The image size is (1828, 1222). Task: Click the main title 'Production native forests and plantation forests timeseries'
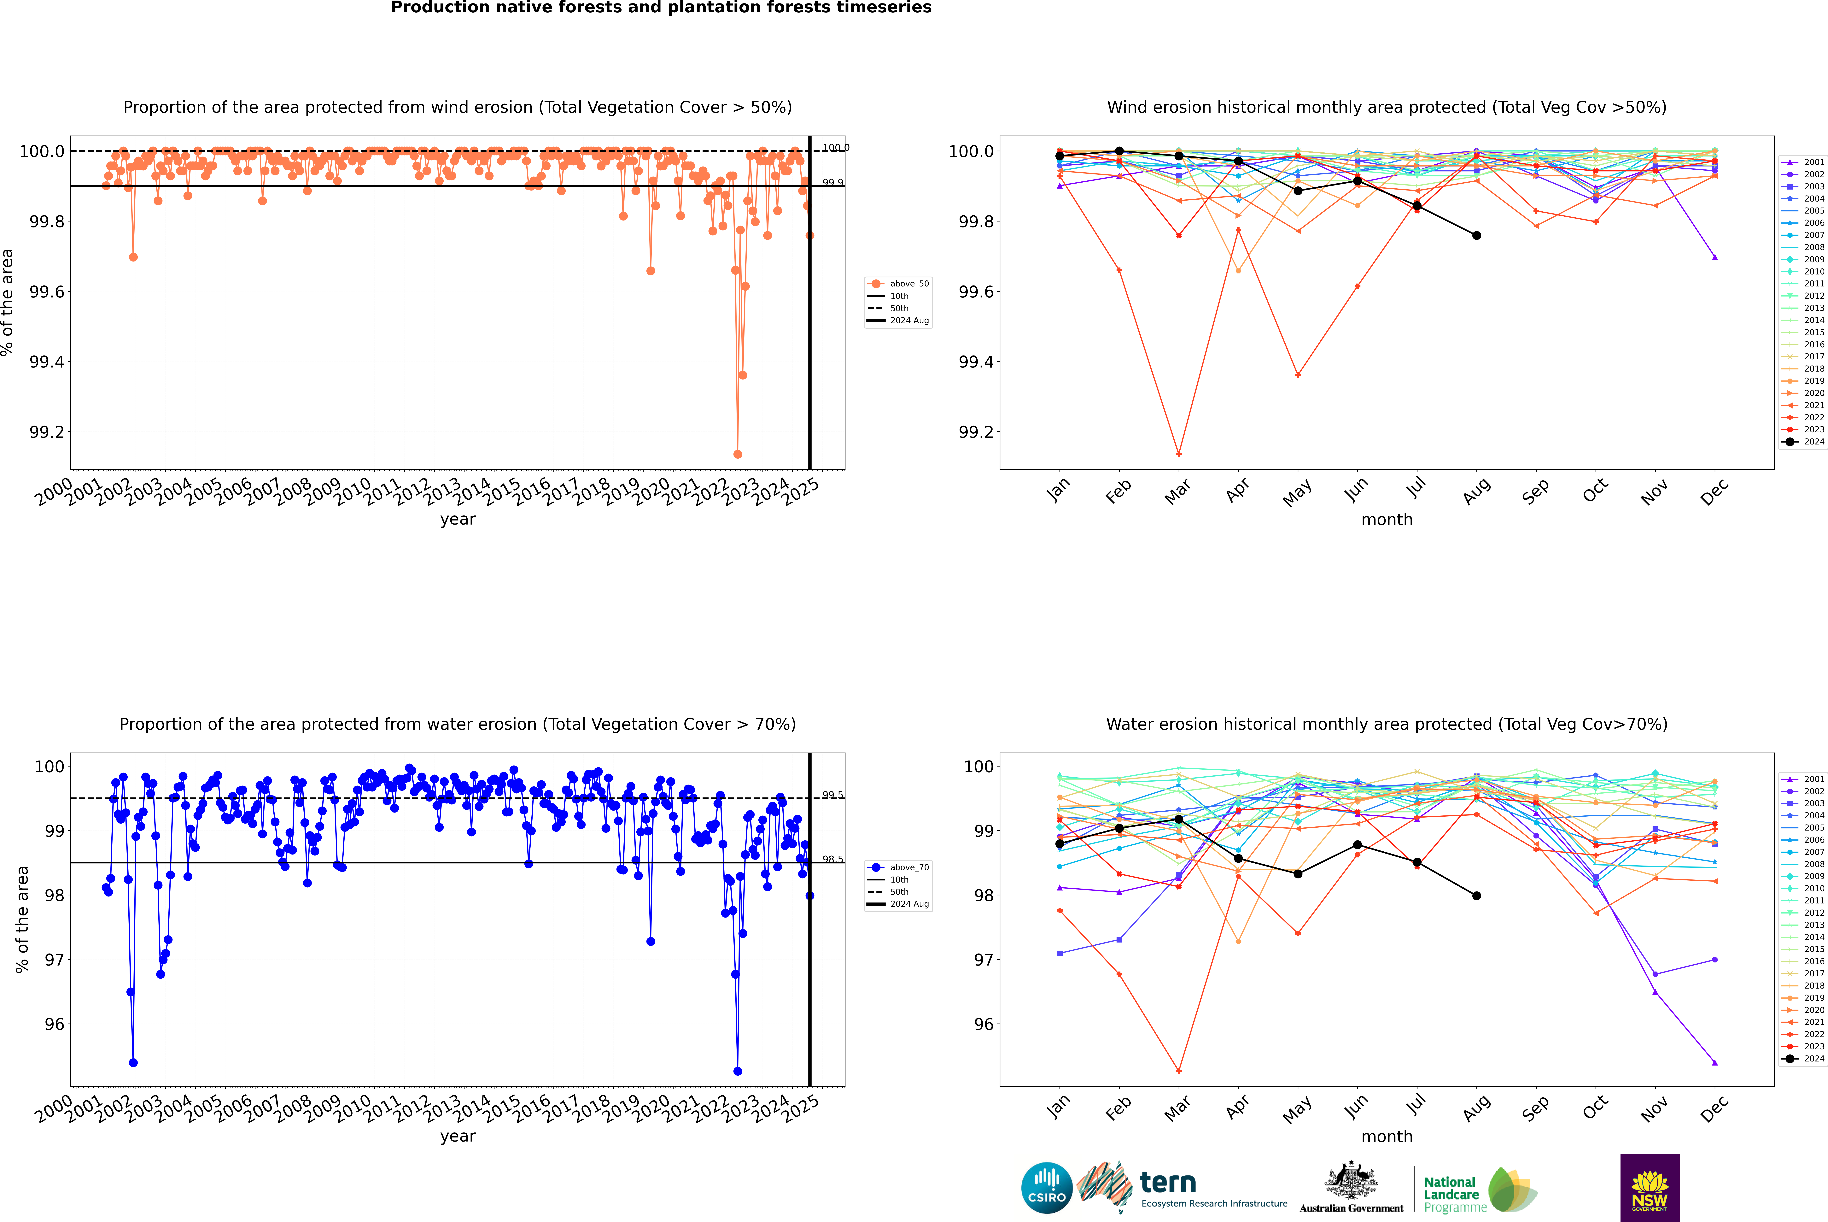(x=661, y=8)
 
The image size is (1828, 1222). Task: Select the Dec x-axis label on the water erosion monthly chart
(x=1714, y=1108)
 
